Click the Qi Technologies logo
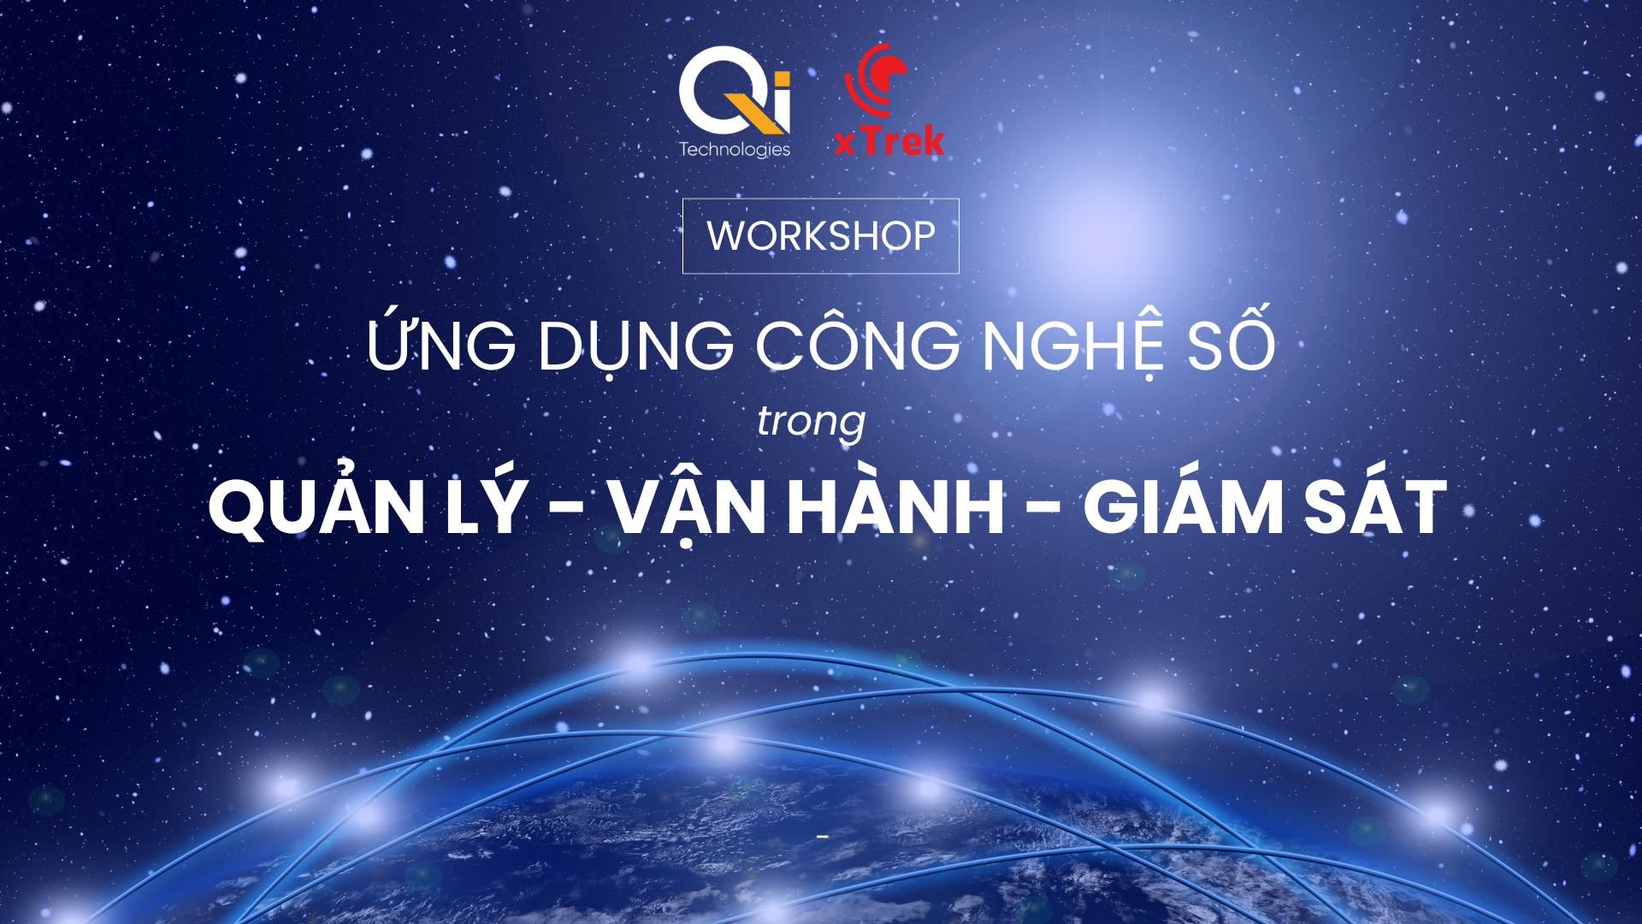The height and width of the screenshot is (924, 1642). coord(735,102)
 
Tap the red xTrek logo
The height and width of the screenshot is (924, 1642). coord(889,100)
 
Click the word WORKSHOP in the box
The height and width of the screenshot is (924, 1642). coord(821,236)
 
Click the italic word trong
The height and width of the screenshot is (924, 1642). coord(812,422)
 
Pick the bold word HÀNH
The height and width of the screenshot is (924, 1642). coord(895,501)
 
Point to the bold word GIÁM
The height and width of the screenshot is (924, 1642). coord(1182,501)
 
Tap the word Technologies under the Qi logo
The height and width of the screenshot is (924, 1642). coord(735,150)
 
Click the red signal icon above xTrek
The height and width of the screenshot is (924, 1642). coord(876,79)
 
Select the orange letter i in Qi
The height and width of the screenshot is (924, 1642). coord(781,98)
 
